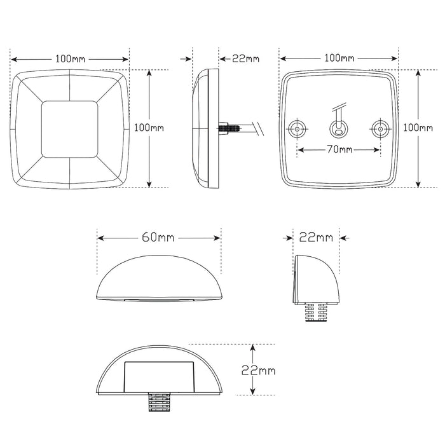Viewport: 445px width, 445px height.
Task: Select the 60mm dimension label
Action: [x=158, y=238]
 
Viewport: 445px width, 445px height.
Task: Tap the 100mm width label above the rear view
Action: [x=339, y=58]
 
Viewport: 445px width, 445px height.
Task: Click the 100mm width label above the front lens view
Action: [x=70, y=58]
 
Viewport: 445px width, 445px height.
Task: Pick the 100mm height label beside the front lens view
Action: [x=149, y=127]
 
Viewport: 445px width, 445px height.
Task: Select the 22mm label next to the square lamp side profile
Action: [x=245, y=58]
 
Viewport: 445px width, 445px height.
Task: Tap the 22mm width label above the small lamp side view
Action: [x=315, y=238]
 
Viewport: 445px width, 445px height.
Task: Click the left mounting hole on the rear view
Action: [x=297, y=130]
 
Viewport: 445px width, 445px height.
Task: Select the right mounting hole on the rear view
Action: [x=380, y=130]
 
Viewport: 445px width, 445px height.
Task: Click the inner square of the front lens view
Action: [x=69, y=129]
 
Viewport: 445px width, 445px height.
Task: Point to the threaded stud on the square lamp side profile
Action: [x=229, y=128]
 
